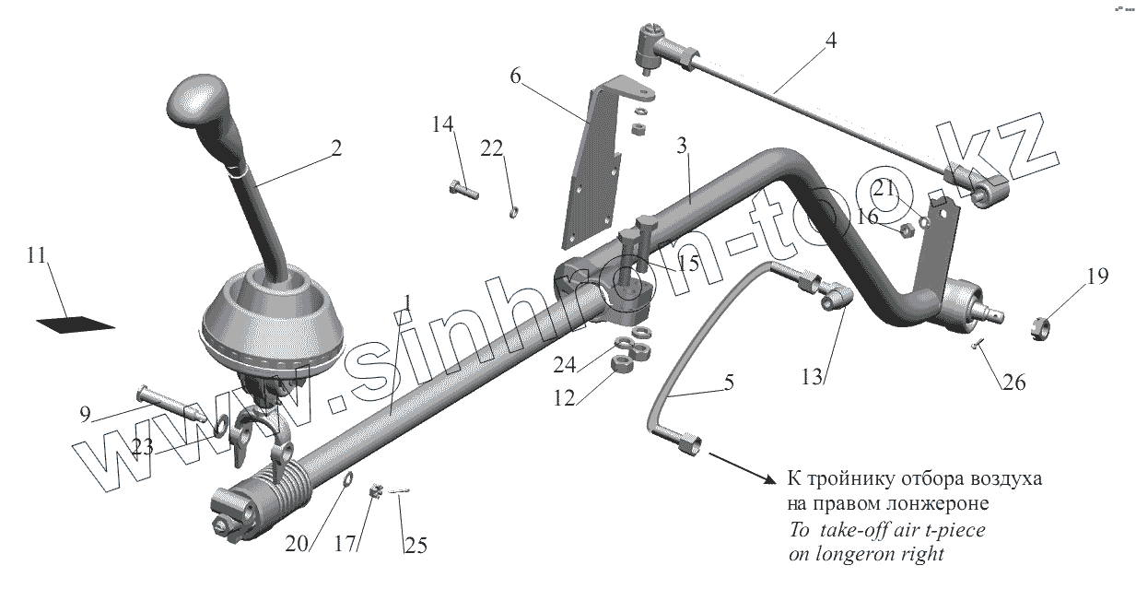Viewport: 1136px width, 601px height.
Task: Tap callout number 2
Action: (x=336, y=147)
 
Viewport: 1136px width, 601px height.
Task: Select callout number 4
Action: (x=831, y=41)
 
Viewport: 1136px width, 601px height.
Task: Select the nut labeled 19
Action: (x=1038, y=325)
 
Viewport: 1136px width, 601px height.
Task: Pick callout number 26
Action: (x=1013, y=382)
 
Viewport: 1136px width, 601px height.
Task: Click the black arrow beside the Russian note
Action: (x=744, y=467)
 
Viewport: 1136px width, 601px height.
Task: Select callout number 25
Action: (x=416, y=546)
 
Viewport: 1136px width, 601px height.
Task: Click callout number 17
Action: (x=345, y=546)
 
